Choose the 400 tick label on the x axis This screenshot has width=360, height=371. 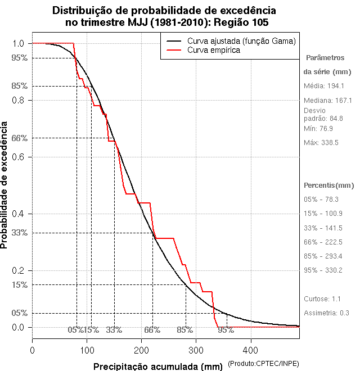[251, 350]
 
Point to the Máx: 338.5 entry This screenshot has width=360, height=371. [321, 143]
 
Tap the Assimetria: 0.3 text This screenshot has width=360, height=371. [327, 313]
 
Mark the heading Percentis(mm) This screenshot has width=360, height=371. [329, 185]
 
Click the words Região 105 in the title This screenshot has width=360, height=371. [242, 22]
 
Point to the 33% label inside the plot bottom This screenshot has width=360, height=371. [114, 330]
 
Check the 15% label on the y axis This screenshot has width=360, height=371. [20, 284]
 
